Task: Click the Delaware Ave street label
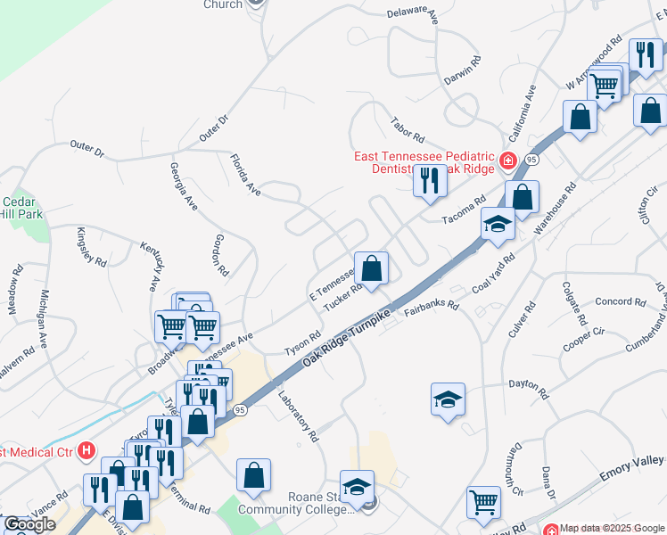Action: coord(413,14)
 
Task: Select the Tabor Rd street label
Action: coord(408,128)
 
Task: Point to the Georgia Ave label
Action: coord(185,185)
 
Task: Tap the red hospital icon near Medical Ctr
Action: coord(86,451)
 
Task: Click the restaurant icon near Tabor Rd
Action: coord(429,182)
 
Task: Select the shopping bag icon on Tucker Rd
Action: coord(371,267)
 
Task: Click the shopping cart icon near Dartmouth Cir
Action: coord(483,502)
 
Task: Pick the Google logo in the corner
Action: coord(29,524)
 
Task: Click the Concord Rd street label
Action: coord(613,301)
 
